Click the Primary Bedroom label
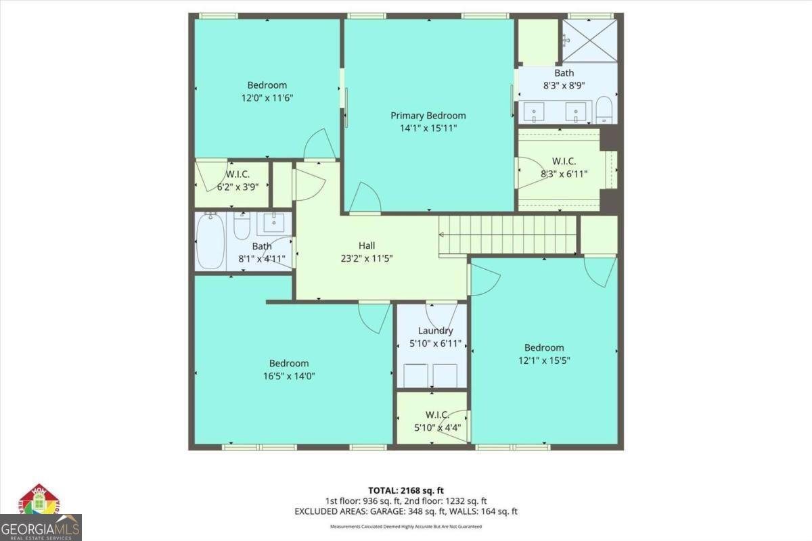(428, 116)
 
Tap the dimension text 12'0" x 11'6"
(267, 97)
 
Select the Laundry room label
(435, 331)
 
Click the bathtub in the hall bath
(210, 241)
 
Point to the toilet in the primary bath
(604, 110)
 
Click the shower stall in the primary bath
(589, 40)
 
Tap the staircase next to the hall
(507, 235)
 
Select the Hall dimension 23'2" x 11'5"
(366, 258)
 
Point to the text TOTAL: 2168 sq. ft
(405, 490)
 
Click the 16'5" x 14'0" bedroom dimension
(289, 375)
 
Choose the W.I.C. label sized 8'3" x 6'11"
(564, 161)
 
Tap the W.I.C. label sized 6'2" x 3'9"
(233, 174)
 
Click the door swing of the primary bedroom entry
(364, 198)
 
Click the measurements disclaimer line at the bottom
(405, 526)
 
